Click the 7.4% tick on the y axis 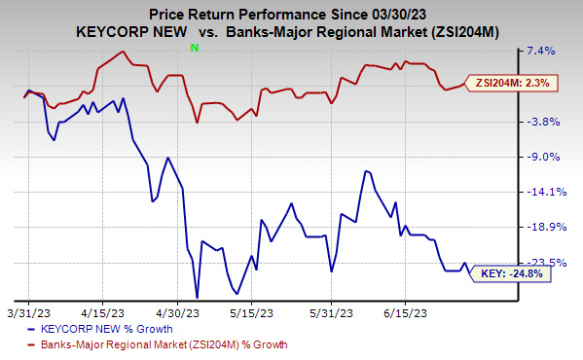(541, 51)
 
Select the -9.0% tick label (542, 157)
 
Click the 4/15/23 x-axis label (102, 313)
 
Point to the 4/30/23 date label (176, 313)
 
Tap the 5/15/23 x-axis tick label (251, 313)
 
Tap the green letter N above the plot (196, 47)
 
